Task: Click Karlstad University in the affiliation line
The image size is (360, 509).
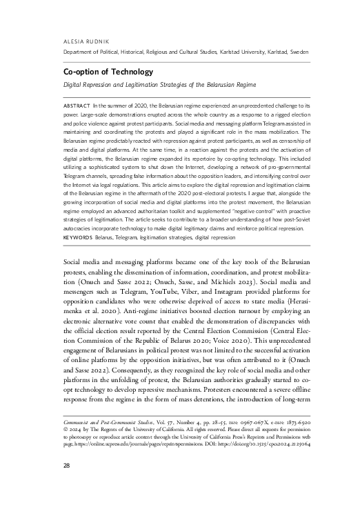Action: (x=240, y=52)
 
